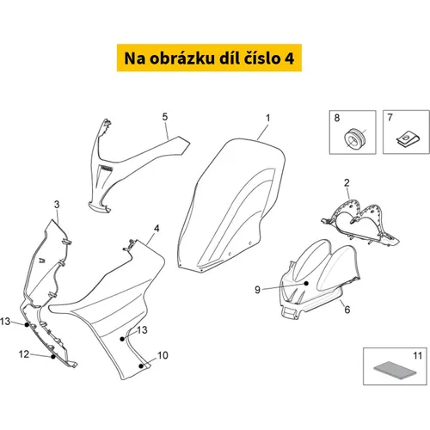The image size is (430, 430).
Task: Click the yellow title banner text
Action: coord(209,58)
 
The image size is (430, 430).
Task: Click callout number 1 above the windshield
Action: coord(267,118)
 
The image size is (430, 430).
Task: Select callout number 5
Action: coord(165,117)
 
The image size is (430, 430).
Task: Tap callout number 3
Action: coord(57,205)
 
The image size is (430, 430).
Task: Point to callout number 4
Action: coord(157,228)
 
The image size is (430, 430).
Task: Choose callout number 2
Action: coord(347,182)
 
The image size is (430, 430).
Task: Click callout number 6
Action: coord(347,310)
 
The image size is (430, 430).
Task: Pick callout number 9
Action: coord(257,290)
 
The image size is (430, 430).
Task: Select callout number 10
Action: coord(163,355)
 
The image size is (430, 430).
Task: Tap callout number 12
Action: coord(24,354)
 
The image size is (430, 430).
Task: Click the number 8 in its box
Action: coord(337,118)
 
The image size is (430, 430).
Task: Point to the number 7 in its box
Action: coord(390,117)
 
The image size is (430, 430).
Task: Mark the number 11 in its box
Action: coord(417,356)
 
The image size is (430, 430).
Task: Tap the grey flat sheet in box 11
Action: coord(395,370)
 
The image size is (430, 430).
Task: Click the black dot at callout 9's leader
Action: coord(306,283)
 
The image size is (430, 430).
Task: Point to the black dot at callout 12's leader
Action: coord(53,357)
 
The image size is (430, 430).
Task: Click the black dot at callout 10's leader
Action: coord(141,366)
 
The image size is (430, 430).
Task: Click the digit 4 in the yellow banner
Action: coord(290,58)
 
